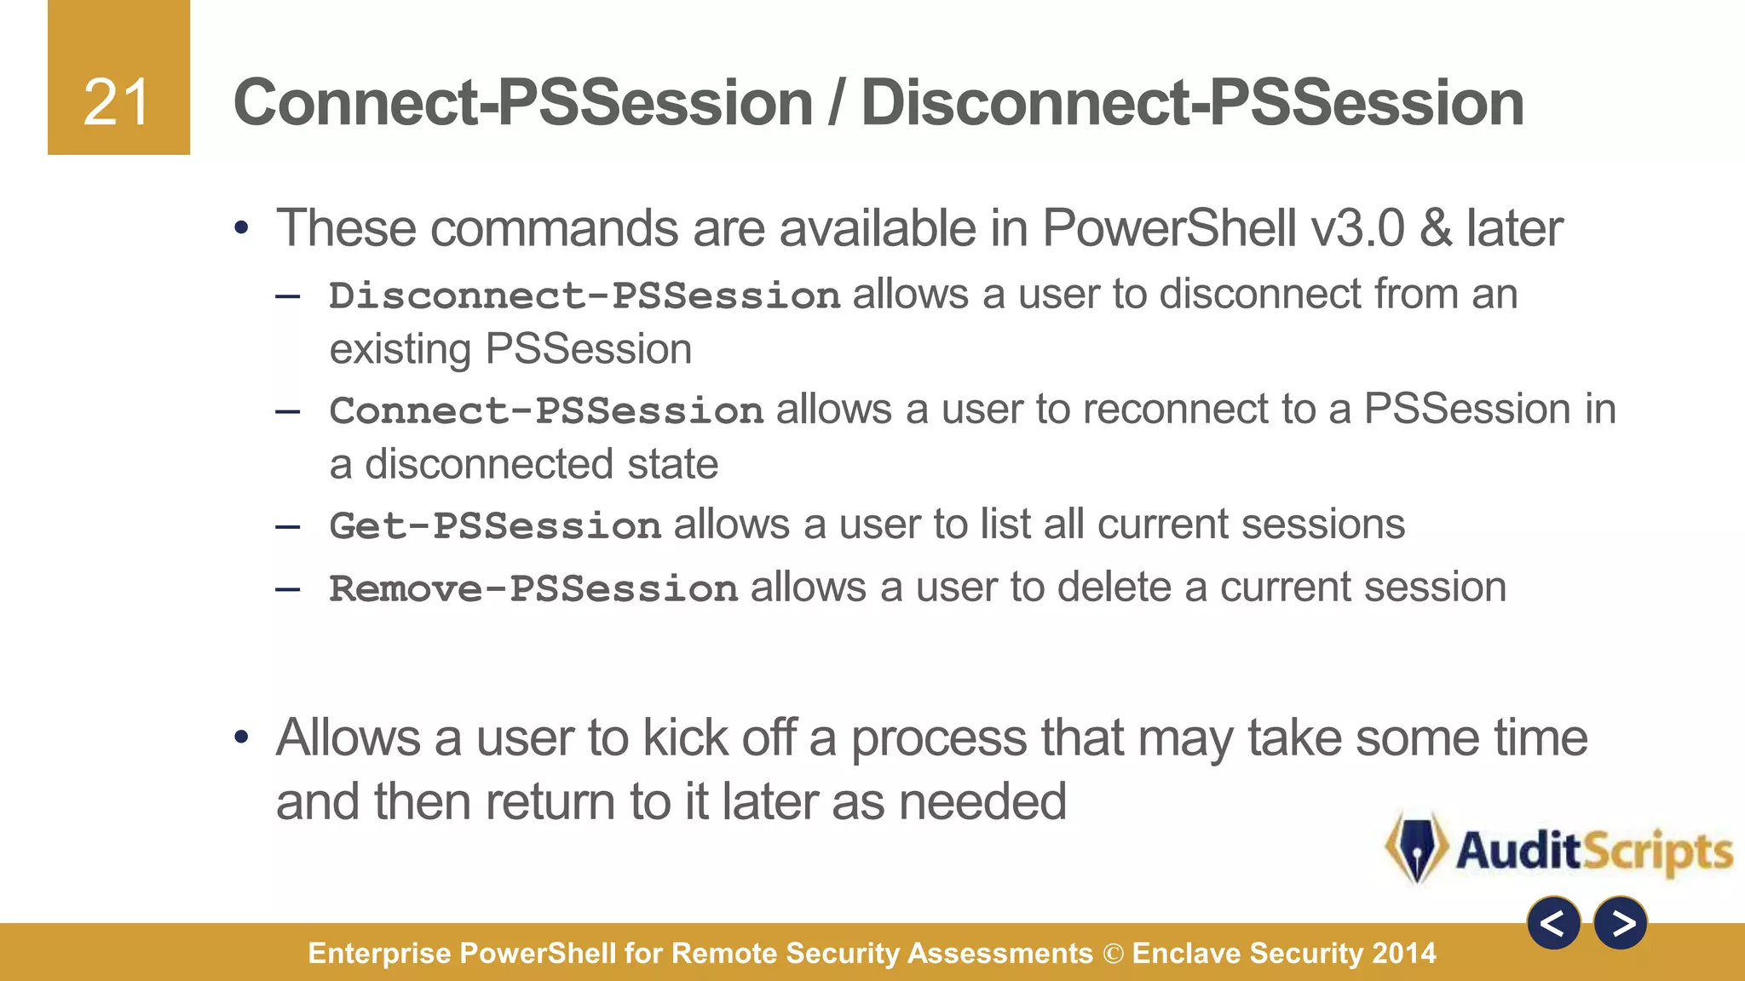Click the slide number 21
pos(117,103)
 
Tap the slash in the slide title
pos(836,103)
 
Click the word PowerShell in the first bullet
pos(1169,228)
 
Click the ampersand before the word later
pos(1436,228)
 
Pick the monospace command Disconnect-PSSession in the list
pos(585,295)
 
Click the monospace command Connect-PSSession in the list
pos(545,410)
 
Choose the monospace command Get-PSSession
pos(495,525)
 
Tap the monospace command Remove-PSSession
pos(533,588)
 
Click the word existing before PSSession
pos(400,350)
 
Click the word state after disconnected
pos(672,465)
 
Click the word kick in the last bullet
pos(685,737)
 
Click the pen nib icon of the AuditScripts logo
pos(1416,848)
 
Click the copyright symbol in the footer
pos(1113,954)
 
